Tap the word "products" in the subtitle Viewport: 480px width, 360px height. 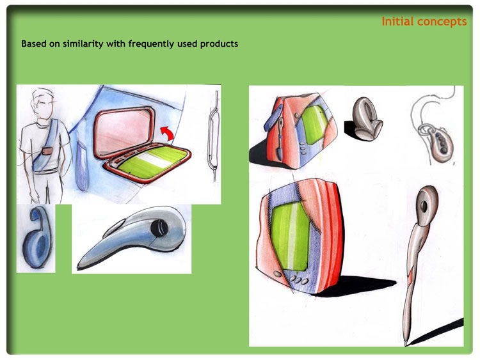(219, 44)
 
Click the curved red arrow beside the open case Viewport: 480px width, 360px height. (168, 133)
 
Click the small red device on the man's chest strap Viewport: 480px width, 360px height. (47, 152)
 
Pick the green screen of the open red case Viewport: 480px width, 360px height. (153, 162)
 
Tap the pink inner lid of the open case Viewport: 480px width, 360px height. (124, 132)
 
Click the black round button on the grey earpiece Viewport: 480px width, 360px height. (159, 228)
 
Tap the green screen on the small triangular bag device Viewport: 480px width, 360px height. (315, 125)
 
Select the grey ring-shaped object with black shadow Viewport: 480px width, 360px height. (367, 120)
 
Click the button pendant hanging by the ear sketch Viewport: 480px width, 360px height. (439, 145)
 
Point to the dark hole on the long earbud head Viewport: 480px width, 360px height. (424, 207)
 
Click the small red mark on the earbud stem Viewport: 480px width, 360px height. (410, 278)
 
